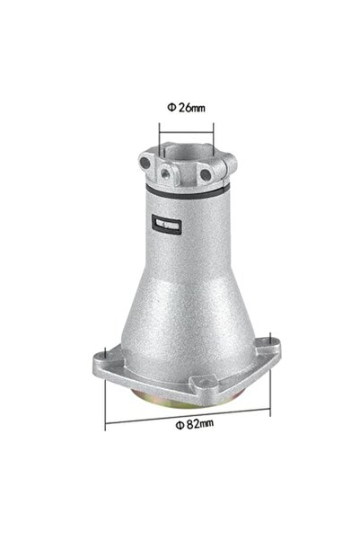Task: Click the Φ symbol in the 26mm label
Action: pyautogui.click(x=171, y=108)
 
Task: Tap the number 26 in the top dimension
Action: pyautogui.click(x=183, y=108)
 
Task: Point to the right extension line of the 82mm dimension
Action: pyautogui.click(x=268, y=382)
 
